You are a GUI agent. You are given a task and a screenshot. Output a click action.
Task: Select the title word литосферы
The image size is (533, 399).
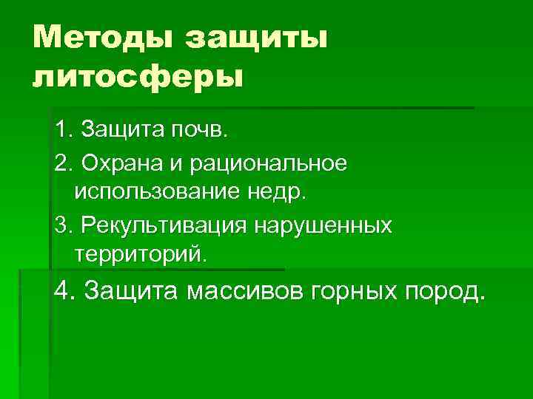coord(137,76)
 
